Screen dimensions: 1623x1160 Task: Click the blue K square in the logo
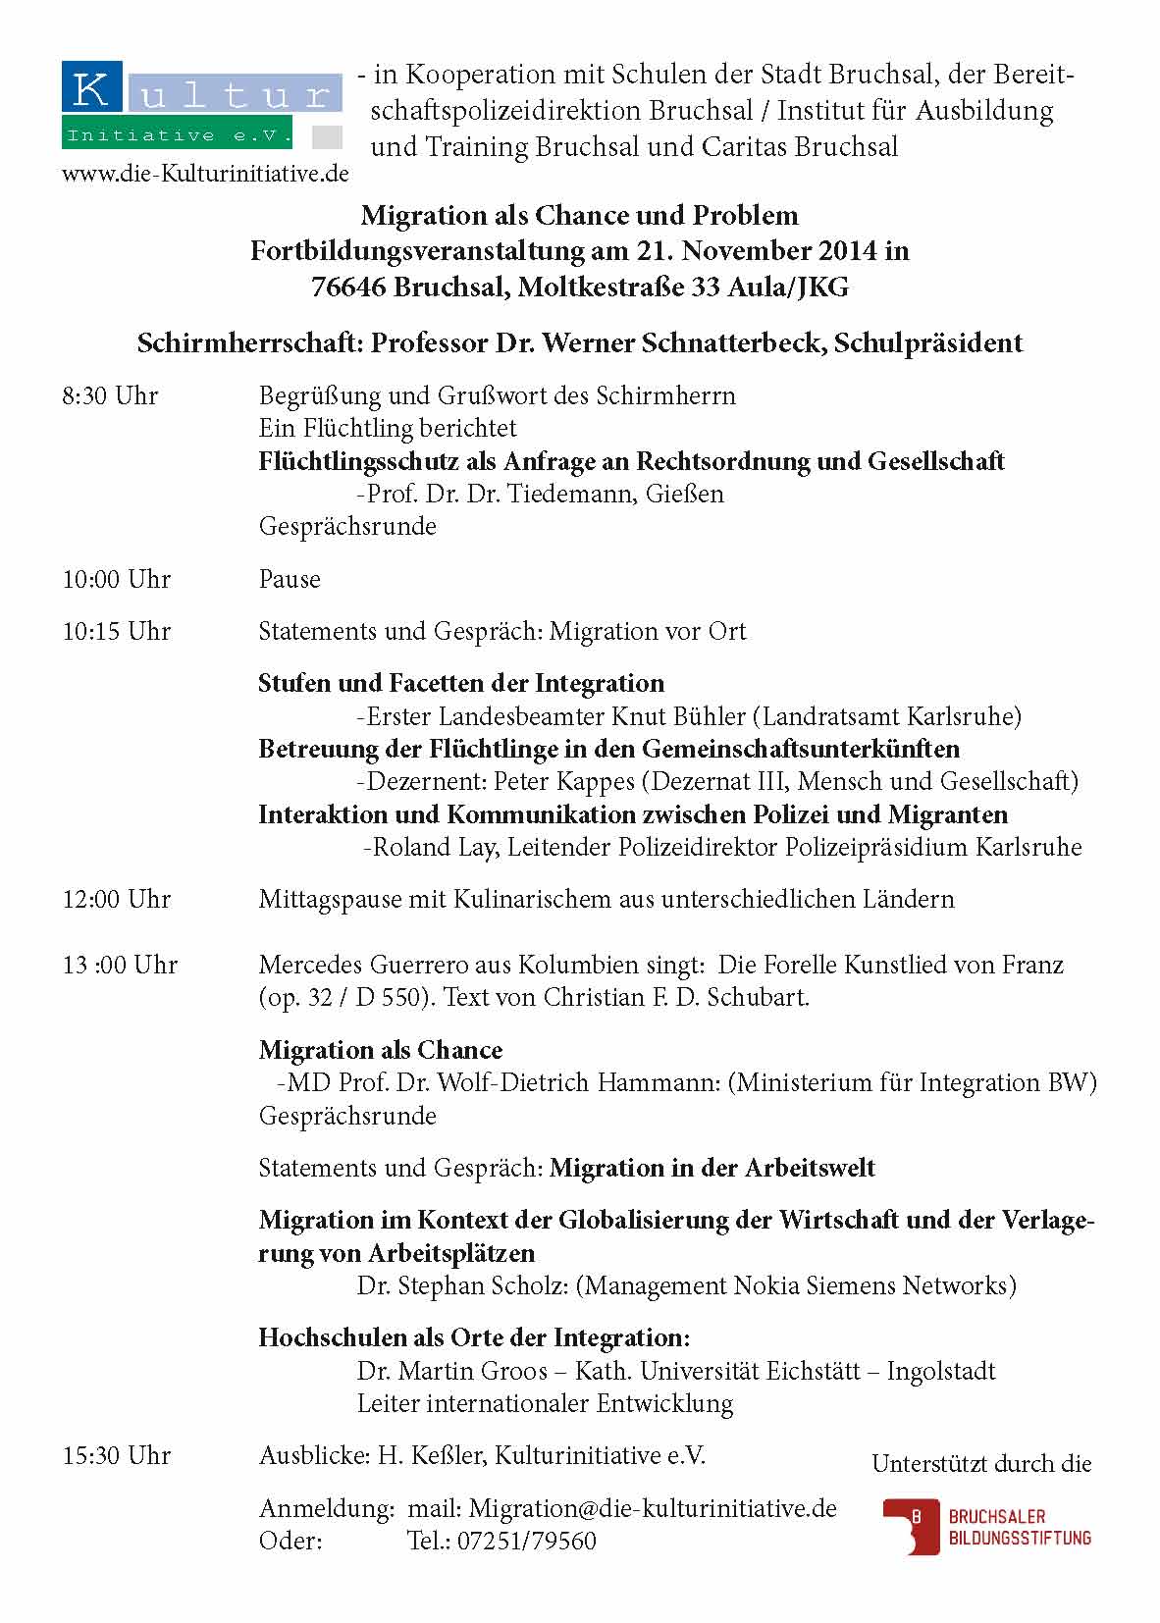click(91, 90)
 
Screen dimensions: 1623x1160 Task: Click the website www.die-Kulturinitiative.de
click(205, 174)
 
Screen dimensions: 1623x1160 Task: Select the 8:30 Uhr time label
click(110, 396)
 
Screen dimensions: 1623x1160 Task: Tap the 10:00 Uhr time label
click(117, 580)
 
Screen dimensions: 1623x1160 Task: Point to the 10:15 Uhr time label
click(117, 632)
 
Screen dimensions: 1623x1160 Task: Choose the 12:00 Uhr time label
click(117, 900)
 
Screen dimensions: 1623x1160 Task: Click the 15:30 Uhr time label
click(117, 1456)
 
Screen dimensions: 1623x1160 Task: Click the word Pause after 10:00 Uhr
click(290, 580)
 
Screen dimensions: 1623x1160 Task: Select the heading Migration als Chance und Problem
click(579, 216)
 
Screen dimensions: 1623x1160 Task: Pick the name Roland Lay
click(432, 848)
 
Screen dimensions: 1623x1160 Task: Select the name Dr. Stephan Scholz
click(462, 1286)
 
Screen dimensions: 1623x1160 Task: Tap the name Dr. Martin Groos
click(452, 1372)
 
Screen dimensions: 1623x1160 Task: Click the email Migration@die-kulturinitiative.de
click(653, 1508)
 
